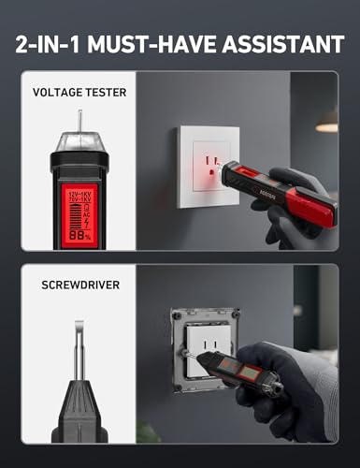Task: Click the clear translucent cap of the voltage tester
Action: pos(79,142)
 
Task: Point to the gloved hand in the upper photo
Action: pos(299,211)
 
